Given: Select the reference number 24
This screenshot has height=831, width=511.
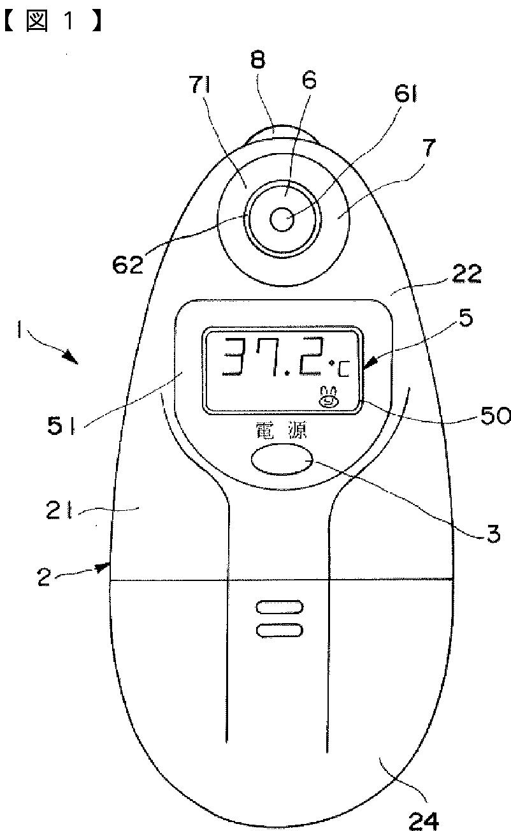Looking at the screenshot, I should [x=421, y=821].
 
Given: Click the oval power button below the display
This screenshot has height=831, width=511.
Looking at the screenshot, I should [x=282, y=460].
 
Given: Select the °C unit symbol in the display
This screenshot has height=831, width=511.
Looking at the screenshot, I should [x=336, y=367].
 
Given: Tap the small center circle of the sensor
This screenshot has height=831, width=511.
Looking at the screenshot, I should [x=281, y=220].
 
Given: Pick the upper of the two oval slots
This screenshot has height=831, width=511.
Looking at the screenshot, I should [x=279, y=607].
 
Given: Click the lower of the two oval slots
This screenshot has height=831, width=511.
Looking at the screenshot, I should [x=279, y=630].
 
